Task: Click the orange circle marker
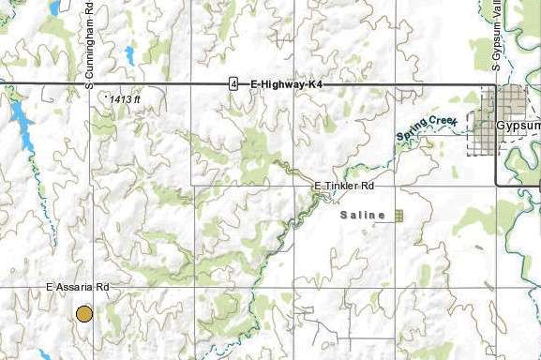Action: pyautogui.click(x=84, y=313)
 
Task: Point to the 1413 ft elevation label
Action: pyautogui.click(x=125, y=98)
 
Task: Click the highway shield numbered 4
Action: pyautogui.click(x=233, y=84)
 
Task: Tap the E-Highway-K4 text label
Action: pyautogui.click(x=286, y=84)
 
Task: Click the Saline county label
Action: pyautogui.click(x=362, y=216)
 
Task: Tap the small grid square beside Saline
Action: pyautogui.click(x=398, y=216)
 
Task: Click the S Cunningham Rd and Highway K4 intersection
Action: pyautogui.click(x=91, y=84)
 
